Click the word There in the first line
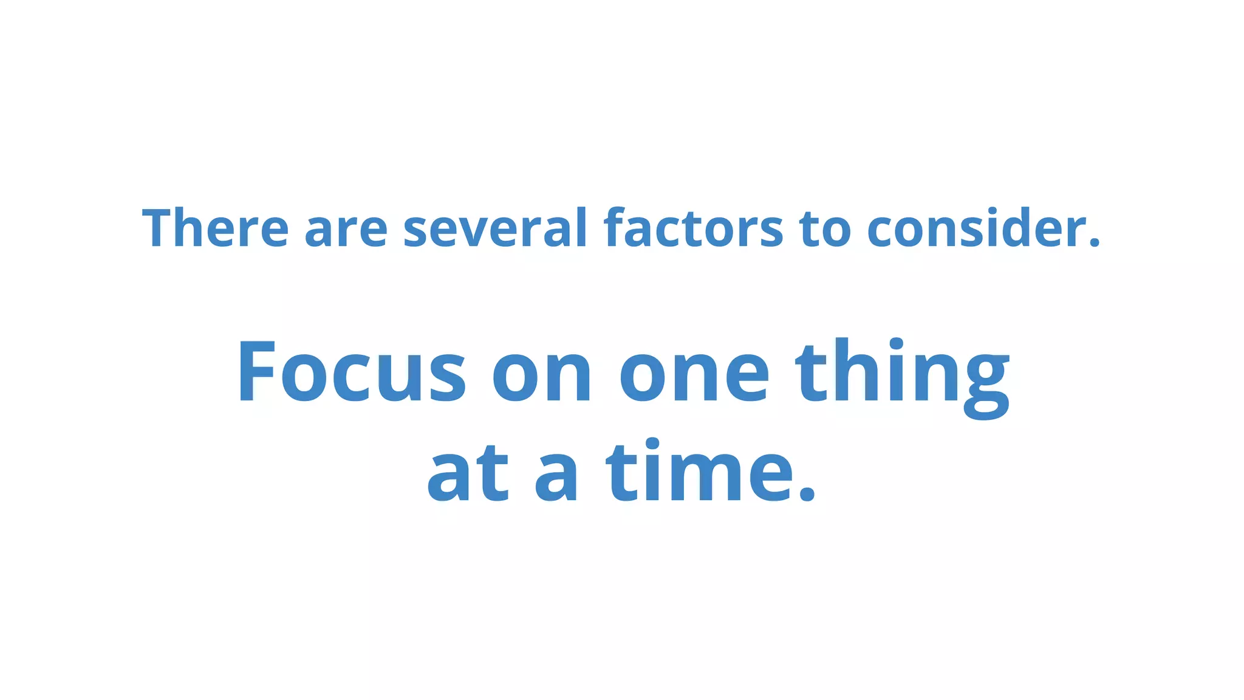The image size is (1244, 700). coord(215,228)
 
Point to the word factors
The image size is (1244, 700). coord(693,228)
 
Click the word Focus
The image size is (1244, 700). coord(352,371)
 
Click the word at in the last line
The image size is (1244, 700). coord(468,474)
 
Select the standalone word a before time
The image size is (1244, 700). coord(556,478)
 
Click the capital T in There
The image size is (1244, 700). coord(161,228)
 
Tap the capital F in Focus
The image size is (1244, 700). coord(256,371)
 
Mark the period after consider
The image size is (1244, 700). coord(1095,243)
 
